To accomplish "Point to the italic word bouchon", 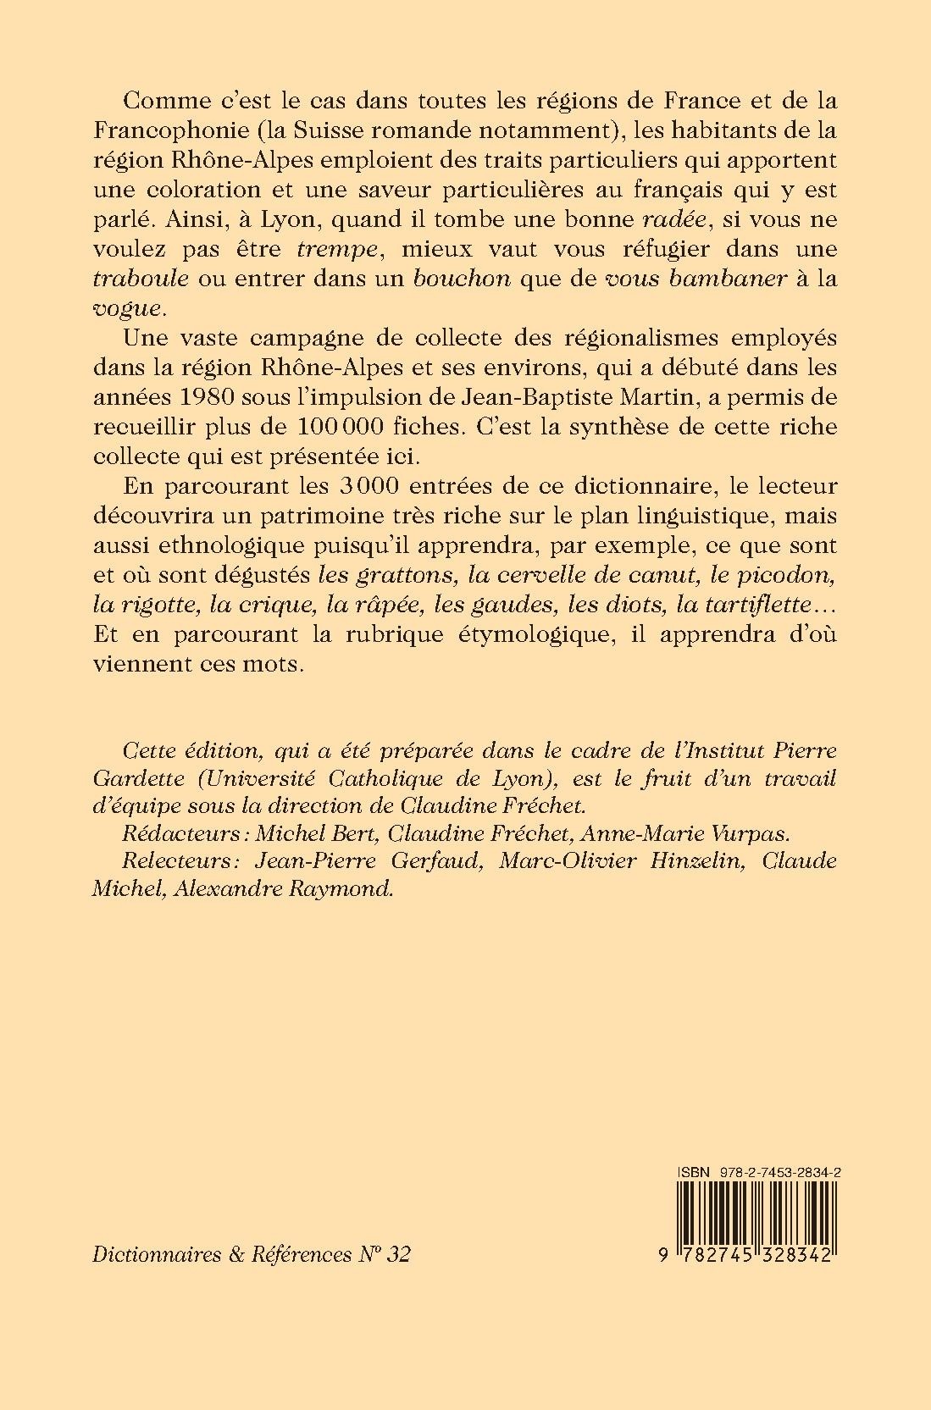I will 462,279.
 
